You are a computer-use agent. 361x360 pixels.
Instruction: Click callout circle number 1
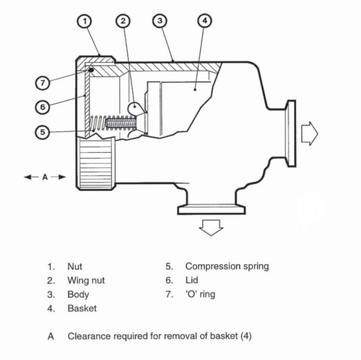pos(87,22)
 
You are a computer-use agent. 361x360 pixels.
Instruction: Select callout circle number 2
pos(124,22)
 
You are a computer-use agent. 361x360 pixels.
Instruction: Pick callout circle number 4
pos(204,21)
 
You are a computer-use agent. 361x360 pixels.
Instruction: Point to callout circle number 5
pos(44,132)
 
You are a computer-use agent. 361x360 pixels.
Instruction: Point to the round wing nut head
pos(137,108)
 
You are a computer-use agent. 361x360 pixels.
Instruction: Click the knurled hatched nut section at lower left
pos(95,164)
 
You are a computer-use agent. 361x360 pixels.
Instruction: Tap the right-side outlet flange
pos(290,132)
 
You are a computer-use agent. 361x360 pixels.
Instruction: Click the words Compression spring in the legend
pos(227,266)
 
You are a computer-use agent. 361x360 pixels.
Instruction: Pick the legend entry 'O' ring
pos(200,294)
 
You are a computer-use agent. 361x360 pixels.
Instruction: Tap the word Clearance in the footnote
pos(90,335)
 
